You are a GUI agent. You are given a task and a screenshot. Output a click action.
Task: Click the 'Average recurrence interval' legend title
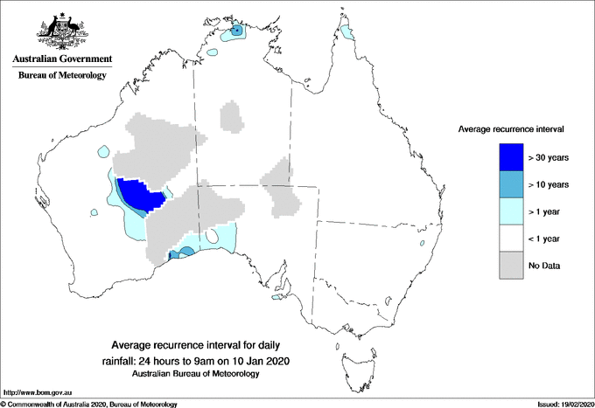511,129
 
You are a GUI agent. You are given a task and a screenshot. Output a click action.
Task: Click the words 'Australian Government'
62,59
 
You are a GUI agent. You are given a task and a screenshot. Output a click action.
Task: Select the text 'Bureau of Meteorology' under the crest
62,76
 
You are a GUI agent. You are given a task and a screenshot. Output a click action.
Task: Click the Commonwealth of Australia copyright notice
89,403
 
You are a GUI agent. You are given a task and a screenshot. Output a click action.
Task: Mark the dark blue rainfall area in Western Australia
140,194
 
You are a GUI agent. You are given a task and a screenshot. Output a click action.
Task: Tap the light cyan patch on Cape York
348,32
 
